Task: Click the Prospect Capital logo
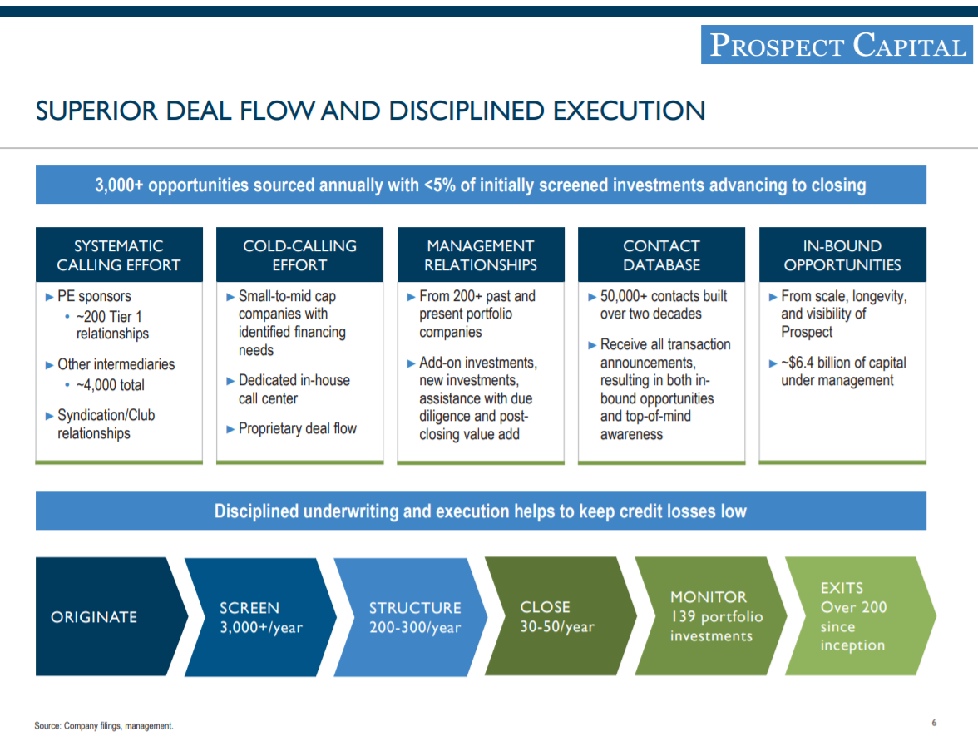[837, 45]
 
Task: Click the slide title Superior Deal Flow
[370, 111]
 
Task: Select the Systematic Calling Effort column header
[119, 255]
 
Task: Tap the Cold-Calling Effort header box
[299, 255]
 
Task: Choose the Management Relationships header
[481, 255]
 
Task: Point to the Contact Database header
[661, 255]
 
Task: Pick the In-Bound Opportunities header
[842, 255]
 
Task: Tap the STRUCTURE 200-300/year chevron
[414, 616]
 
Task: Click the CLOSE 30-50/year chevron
[557, 616]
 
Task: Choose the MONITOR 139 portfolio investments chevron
[711, 616]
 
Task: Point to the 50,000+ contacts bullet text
[662, 305]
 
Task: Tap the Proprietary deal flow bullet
[297, 429]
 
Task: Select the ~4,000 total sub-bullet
[110, 385]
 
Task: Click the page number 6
[934, 723]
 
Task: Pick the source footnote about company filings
[104, 726]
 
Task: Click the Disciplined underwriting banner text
[481, 511]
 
